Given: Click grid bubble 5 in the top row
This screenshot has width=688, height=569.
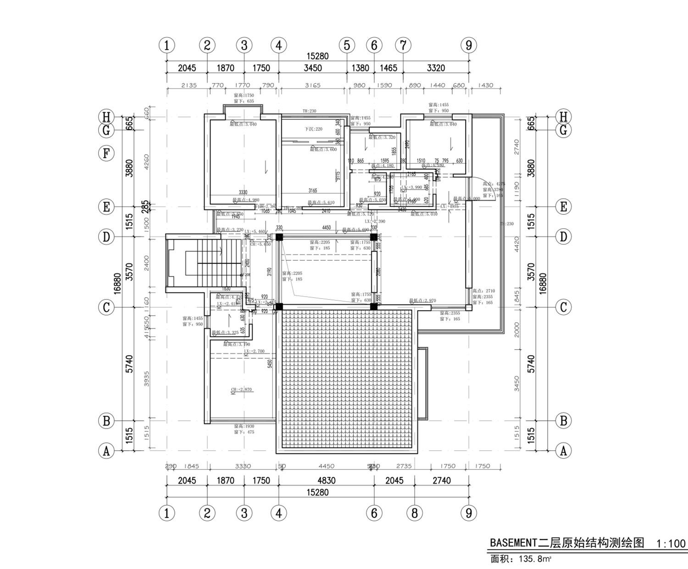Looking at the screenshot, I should [347, 45].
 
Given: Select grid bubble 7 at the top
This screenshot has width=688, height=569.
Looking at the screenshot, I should [403, 45].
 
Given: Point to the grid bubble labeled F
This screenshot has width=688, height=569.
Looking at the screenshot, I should [106, 153].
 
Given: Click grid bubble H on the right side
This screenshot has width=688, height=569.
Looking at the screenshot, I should [564, 116].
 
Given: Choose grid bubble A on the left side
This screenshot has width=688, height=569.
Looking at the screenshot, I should [106, 451].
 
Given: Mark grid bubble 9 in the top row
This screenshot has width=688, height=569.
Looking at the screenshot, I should [469, 45].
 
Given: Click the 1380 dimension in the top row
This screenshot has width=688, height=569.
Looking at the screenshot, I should [360, 68].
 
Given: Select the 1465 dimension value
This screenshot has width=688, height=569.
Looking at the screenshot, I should [388, 68].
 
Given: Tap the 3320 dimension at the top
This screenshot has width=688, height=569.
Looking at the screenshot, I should [436, 68].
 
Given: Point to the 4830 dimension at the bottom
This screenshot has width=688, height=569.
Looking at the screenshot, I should [326, 480].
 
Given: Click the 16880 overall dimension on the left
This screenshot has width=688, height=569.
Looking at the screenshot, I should [117, 284].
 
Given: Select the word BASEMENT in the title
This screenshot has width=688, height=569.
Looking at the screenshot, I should [513, 543].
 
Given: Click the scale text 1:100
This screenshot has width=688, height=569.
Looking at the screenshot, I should [671, 544].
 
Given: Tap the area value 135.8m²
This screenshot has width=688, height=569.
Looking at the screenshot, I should [535, 559].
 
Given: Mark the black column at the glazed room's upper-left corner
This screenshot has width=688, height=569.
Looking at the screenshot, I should [279, 237].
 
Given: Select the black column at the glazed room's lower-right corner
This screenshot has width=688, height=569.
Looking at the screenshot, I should [374, 306].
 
